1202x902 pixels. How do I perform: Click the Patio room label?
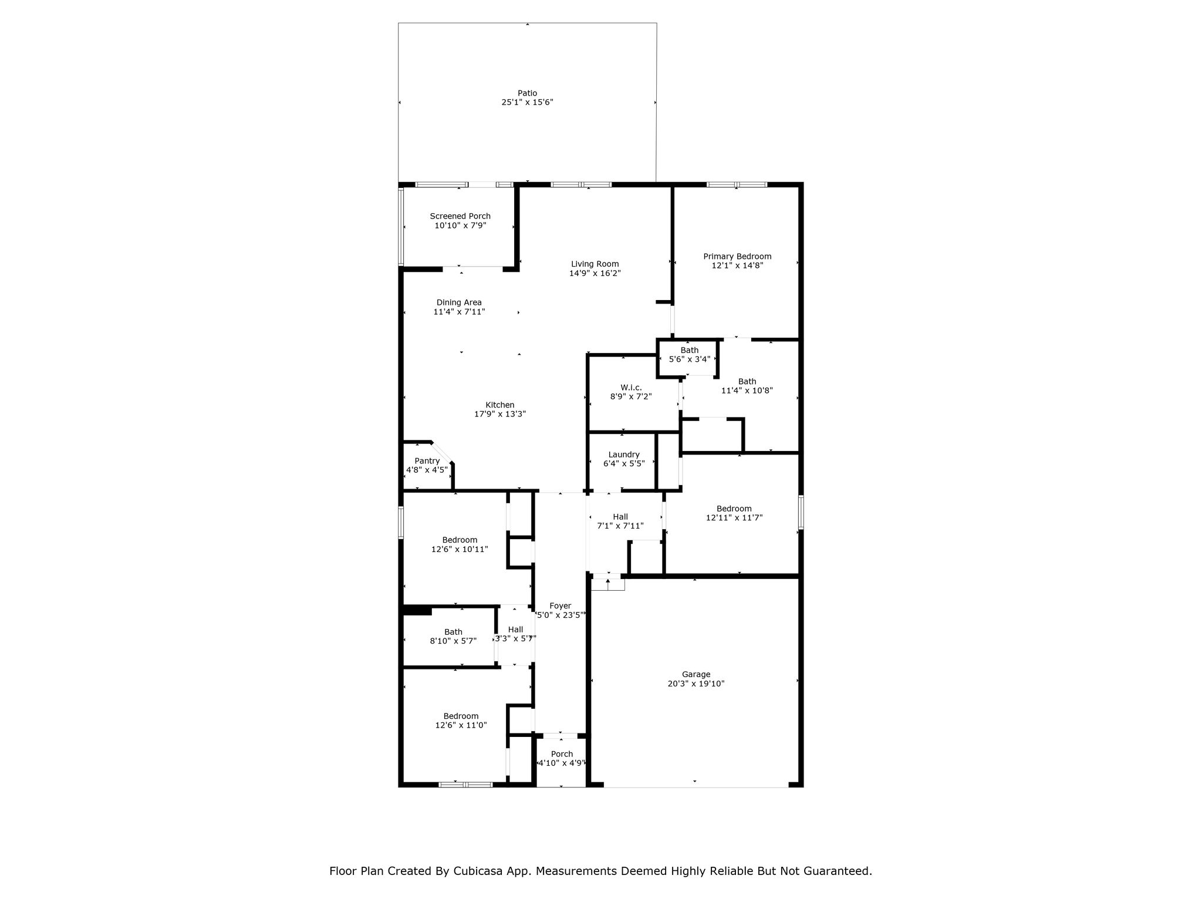click(x=527, y=93)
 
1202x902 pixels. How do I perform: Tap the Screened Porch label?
click(x=460, y=216)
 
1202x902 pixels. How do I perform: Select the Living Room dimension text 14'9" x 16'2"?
click(x=595, y=273)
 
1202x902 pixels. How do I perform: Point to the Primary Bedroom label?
click(x=737, y=256)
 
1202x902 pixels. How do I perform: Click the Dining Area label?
click(x=459, y=302)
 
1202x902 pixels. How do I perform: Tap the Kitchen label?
click(x=500, y=405)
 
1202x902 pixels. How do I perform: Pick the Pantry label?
click(x=427, y=461)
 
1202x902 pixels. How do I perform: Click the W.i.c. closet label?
click(x=631, y=388)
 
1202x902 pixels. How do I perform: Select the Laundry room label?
click(x=624, y=455)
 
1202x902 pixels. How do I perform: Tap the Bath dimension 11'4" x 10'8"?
click(x=747, y=391)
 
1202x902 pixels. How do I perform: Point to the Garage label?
click(x=696, y=674)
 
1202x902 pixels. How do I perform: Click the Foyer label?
click(x=561, y=605)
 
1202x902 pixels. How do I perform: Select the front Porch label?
click(x=562, y=754)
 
